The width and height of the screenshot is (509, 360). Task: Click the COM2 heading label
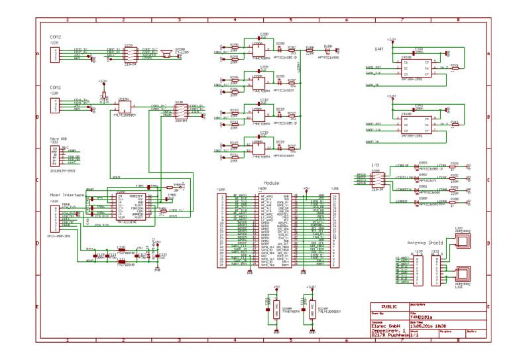tap(55, 36)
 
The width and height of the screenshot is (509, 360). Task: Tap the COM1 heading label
tap(55, 87)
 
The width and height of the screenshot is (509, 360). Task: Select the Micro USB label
tap(58, 139)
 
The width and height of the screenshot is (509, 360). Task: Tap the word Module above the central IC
tap(270, 182)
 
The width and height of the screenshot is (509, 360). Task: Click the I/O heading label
tap(375, 164)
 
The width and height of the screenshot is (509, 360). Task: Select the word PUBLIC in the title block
tap(390, 306)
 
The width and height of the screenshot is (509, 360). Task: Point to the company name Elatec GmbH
tap(385, 326)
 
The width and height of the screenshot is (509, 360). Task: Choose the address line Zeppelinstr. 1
tap(387, 331)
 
